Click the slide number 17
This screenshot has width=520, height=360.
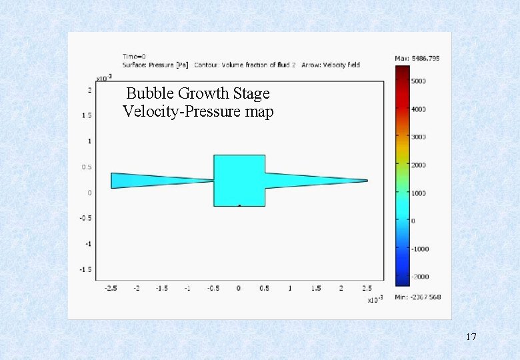click(x=471, y=337)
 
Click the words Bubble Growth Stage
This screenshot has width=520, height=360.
click(x=197, y=93)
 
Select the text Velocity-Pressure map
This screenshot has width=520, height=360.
click(x=197, y=111)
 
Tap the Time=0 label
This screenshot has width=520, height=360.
click(x=134, y=56)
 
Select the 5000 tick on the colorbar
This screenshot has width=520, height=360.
click(x=418, y=81)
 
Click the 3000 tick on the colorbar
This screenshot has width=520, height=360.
click(x=418, y=137)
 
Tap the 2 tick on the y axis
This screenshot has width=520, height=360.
click(x=90, y=90)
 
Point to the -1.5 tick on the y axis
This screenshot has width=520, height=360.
click(x=86, y=269)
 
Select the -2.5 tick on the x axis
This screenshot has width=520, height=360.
click(x=111, y=288)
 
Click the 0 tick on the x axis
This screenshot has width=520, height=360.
click(x=239, y=288)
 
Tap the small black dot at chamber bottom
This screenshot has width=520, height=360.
click(x=239, y=206)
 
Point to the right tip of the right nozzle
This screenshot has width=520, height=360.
click(x=366, y=180)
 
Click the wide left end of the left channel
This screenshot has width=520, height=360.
click(x=113, y=181)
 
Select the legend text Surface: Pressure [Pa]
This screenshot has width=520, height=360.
click(x=155, y=65)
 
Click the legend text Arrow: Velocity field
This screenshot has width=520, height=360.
click(x=331, y=65)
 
